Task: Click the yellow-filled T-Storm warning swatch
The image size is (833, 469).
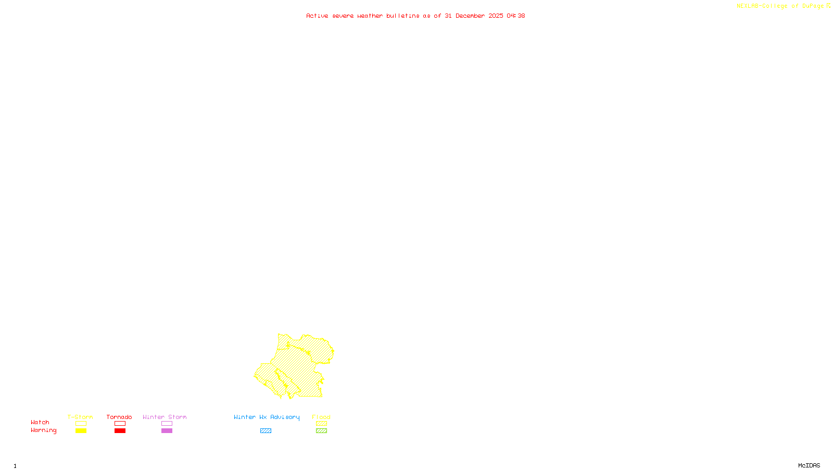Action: [x=81, y=431]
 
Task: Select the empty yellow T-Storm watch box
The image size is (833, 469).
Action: [x=81, y=424]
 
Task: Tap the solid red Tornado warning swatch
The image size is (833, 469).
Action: [x=120, y=431]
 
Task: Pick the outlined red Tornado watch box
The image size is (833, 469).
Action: [x=120, y=424]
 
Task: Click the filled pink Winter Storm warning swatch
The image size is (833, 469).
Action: [x=167, y=431]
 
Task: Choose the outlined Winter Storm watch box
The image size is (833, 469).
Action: [x=167, y=424]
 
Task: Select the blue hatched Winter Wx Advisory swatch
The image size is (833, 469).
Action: [x=266, y=431]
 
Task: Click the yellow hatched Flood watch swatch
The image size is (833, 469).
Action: [x=321, y=424]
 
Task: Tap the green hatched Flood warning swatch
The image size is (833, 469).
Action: [x=321, y=431]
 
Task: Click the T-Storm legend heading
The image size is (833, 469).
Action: [x=80, y=417]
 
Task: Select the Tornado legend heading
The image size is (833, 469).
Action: [x=119, y=417]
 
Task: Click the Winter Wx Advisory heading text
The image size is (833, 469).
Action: [x=267, y=417]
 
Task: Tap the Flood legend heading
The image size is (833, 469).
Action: [x=321, y=417]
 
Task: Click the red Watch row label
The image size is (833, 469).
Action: [x=40, y=423]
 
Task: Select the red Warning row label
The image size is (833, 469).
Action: [x=44, y=430]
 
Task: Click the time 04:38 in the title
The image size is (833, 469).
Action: [x=516, y=16]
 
